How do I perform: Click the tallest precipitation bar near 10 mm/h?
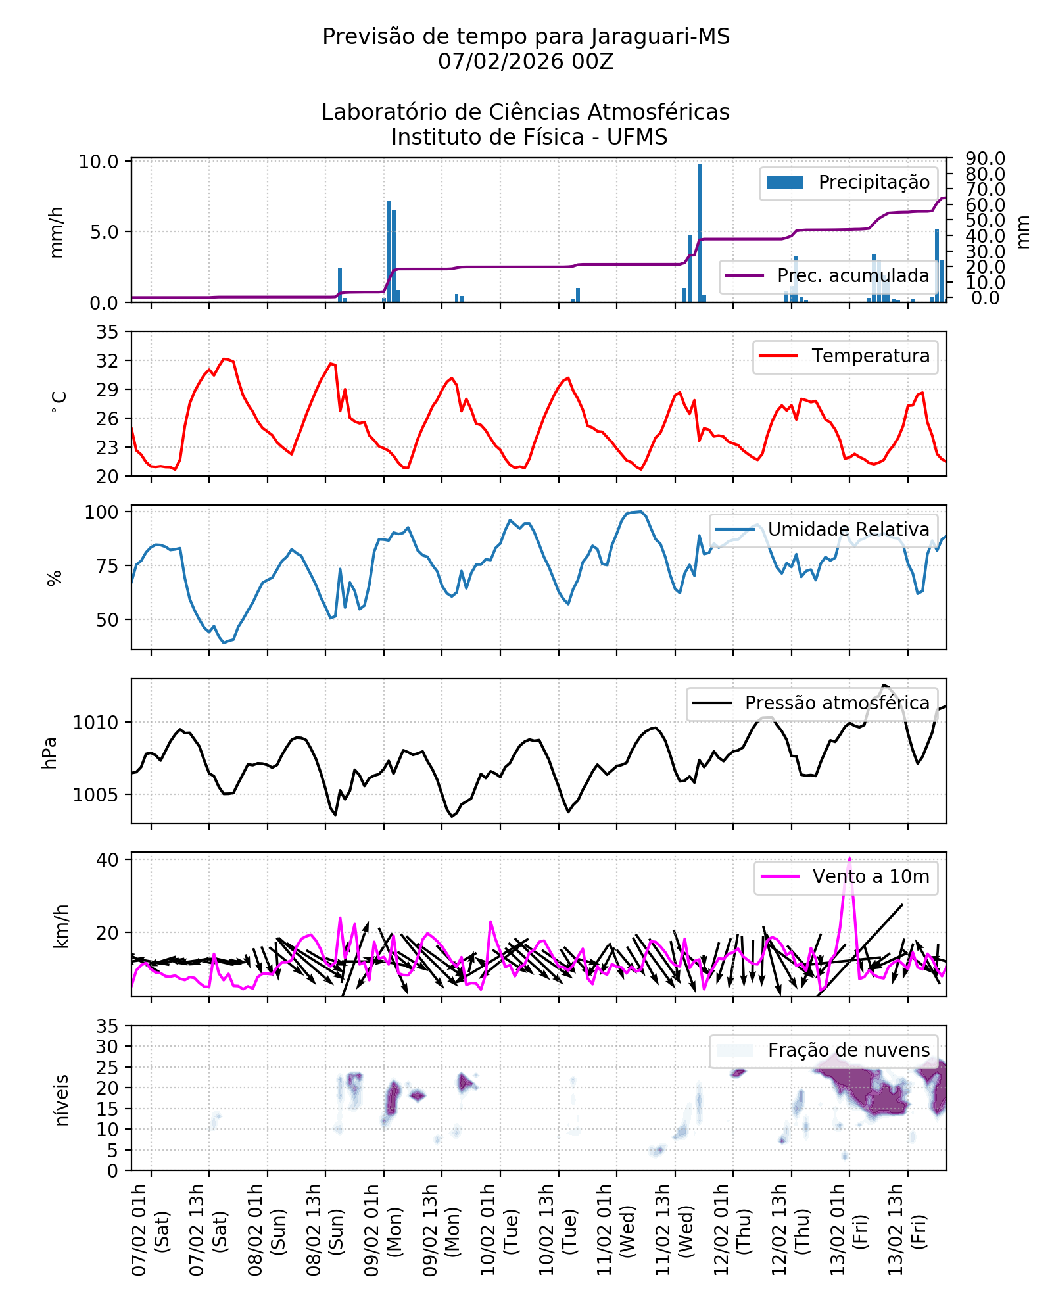coord(700,233)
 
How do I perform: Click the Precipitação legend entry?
coord(848,183)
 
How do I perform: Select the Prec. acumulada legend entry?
coord(828,275)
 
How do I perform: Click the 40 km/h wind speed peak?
coord(849,859)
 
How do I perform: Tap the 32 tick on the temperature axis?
coord(108,361)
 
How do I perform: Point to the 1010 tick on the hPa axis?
coord(95,723)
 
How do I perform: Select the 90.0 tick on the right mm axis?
coord(985,158)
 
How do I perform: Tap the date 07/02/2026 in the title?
coord(501,62)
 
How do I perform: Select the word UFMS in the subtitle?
coord(636,137)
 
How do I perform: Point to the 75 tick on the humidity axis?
coord(108,566)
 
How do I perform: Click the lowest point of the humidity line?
coord(224,642)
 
